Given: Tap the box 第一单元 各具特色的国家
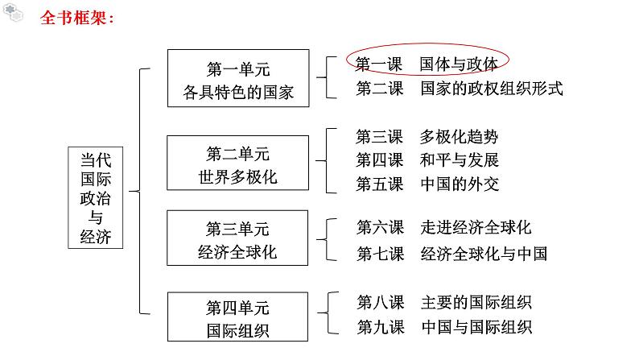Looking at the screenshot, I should coord(237,78).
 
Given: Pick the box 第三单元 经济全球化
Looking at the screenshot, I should coord(237,239).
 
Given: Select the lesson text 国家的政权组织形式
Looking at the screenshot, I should coord(491,89).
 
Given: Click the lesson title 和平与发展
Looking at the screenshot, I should coord(459,159).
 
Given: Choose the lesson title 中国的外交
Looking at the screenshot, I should coord(459,184).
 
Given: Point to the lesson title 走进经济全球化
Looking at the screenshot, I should coord(476,228).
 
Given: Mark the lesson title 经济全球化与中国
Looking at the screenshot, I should coord(483,254).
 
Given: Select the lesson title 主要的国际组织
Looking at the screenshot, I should coord(476,303).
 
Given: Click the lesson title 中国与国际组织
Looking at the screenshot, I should coord(476,327).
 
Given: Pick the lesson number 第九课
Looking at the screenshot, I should coord(380,327).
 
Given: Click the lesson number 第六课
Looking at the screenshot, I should coord(380,228).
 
